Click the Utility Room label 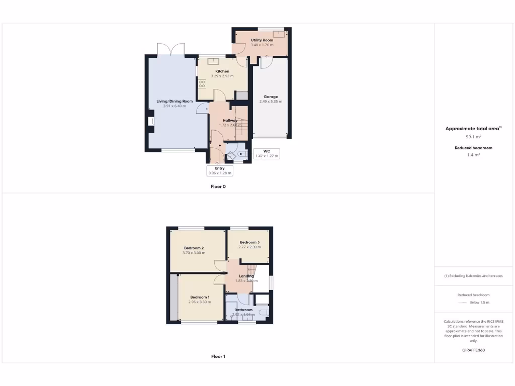coord(262,40)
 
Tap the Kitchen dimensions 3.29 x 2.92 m coord(222,76)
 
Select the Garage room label coord(271,96)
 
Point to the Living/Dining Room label coord(175,101)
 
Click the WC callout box coord(267,153)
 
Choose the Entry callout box coord(220,170)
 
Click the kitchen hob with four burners coord(202,83)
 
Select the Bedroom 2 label coord(194,248)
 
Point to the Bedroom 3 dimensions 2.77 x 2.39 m coord(249,247)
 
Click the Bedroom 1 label coord(200,297)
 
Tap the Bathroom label coord(243,310)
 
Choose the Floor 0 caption coord(218,186)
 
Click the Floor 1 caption coord(218,356)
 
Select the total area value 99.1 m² coord(473,137)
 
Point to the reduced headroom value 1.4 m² coord(473,155)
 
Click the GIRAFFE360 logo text coord(473,350)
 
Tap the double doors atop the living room coord(171,50)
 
